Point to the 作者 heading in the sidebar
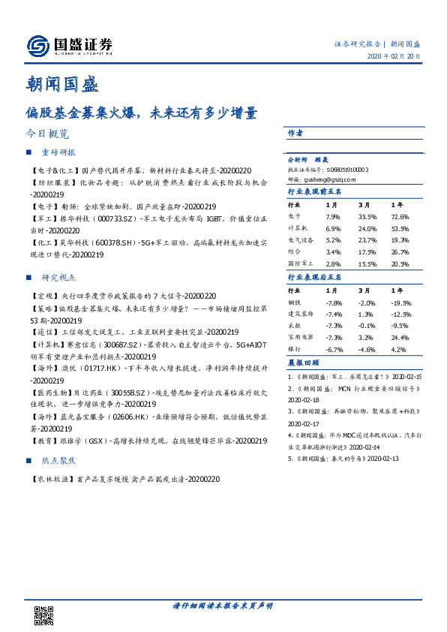point(295,133)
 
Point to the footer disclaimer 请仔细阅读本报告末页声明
point(223,605)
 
